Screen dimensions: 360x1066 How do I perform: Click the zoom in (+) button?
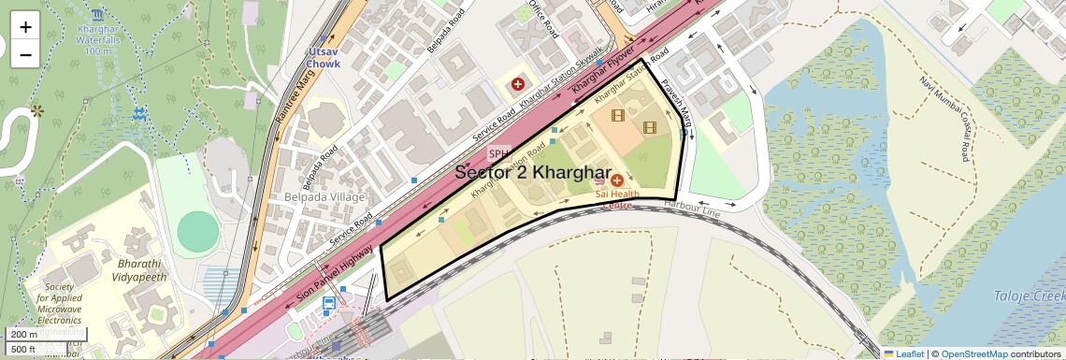point(25,26)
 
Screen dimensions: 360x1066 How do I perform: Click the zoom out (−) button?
point(25,54)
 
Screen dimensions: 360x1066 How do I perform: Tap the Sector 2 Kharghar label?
point(533,174)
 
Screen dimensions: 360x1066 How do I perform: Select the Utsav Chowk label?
point(323,58)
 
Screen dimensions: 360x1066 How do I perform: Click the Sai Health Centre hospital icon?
point(616,179)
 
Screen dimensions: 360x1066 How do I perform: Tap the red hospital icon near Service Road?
point(518,85)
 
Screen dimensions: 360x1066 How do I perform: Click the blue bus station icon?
point(329,304)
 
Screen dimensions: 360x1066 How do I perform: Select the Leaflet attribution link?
point(903,353)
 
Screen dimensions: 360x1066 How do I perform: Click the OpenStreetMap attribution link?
point(973,353)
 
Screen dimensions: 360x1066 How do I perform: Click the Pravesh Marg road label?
point(676,106)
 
